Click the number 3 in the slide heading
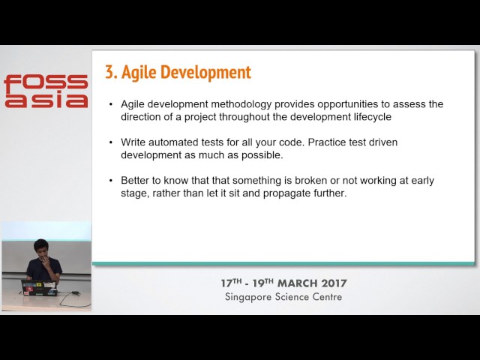coord(109,72)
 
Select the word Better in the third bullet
coord(136,180)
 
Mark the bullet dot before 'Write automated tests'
coord(111,142)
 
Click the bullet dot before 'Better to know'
coord(111,180)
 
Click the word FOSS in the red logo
coord(45,82)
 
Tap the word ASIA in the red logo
coord(45,100)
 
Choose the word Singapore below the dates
coord(250,296)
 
